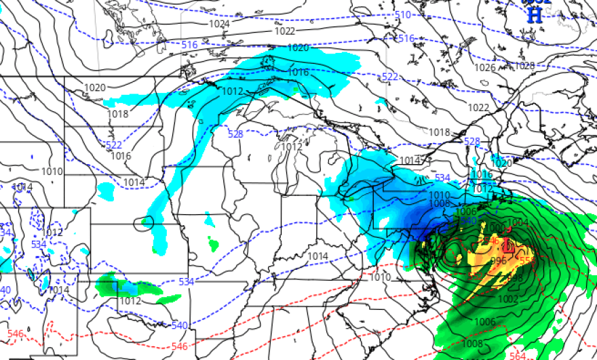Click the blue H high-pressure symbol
535,16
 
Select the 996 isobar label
498,260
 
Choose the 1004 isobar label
518,222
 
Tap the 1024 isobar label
219,24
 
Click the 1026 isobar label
485,68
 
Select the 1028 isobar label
524,66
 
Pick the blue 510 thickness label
403,15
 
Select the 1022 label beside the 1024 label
285,31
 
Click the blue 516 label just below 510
406,39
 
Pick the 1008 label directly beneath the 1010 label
440,203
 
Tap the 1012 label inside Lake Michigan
292,147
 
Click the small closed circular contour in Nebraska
144,222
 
